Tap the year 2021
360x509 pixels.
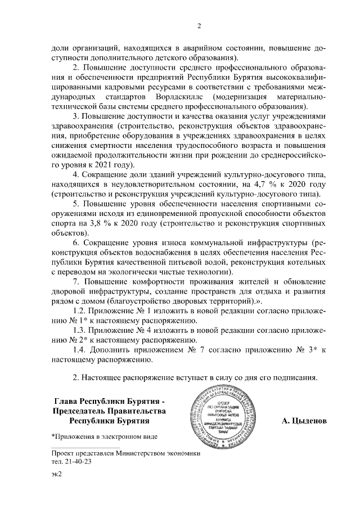tap(109, 165)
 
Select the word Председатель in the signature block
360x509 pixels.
tap(76, 411)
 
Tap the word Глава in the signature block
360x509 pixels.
tap(65, 402)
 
